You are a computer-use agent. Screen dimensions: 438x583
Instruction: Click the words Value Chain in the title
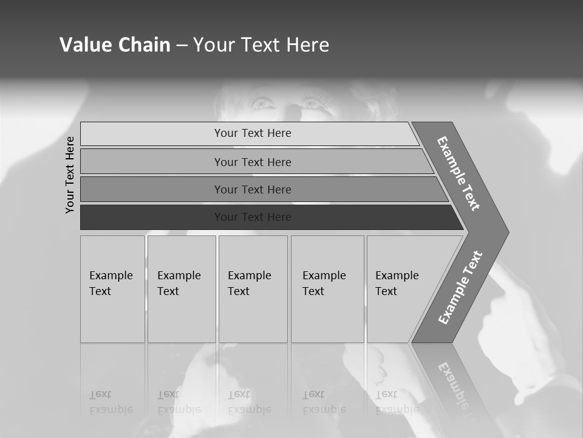pos(115,45)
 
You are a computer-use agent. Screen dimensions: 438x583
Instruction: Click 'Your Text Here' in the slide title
pos(261,45)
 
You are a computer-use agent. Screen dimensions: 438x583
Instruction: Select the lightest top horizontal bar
pos(152,133)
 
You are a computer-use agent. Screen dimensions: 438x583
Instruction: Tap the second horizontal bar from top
pos(152,162)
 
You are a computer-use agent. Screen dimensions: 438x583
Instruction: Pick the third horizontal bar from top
pos(152,189)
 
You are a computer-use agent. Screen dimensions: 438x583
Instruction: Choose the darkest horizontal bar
pos(152,217)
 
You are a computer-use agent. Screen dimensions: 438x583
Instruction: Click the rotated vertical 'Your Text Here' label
pos(70,175)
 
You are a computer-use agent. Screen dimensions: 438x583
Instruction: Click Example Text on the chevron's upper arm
pos(459,173)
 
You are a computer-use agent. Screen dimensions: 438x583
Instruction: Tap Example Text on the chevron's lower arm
pos(460,288)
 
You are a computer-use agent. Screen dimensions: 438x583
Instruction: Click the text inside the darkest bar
pos(253,217)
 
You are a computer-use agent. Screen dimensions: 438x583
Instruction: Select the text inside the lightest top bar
pos(253,133)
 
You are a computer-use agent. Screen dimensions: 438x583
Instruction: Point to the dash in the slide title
pos(182,46)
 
